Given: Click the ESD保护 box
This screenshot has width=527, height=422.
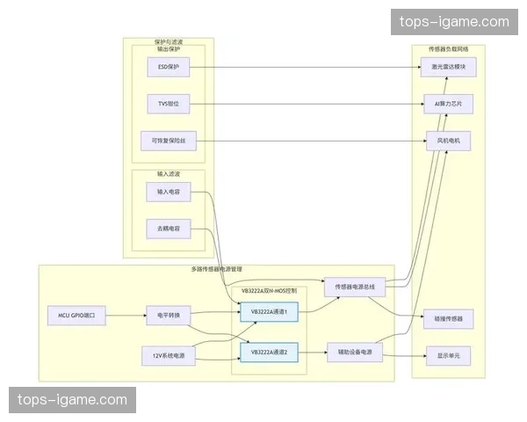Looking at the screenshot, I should coord(168,67).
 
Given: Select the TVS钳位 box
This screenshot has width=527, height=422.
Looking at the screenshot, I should coord(168,104).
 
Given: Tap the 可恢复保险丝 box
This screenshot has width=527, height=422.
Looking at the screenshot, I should coord(168,141).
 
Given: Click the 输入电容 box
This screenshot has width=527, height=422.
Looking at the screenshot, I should coord(168,192).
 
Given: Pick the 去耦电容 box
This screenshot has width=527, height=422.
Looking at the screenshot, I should coord(168,229).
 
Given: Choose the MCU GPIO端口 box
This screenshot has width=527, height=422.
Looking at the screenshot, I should coord(76,314).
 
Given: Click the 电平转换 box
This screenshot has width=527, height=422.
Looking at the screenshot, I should coord(168,314).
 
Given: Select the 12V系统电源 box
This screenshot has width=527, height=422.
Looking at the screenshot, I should coord(168,354).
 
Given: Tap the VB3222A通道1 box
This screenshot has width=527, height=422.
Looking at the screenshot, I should coord(276,311).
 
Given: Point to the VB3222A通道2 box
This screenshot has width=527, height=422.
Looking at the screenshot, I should coord(276,353).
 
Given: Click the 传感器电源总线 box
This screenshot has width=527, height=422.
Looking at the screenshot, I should coord(355,287).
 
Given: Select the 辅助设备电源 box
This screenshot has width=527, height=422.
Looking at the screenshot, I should coord(355,353).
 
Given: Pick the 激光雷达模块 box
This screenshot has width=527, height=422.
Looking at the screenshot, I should coord(448,67).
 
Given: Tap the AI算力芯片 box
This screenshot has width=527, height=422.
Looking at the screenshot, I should coord(448,104).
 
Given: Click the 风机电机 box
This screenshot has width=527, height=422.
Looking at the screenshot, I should coord(448,141).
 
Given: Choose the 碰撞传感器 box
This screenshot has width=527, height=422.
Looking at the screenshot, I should coord(448,316).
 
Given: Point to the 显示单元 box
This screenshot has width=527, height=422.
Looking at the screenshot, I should coord(448,355).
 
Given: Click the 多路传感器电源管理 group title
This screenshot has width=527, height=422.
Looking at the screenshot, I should coord(216,268).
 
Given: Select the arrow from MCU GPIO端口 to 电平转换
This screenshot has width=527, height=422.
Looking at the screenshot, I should coord(126,314).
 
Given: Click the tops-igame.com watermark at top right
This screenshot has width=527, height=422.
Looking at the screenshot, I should coord(453,22).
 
